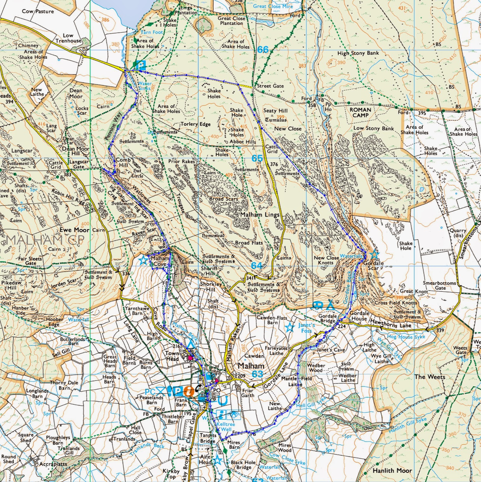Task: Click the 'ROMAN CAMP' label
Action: [360, 112]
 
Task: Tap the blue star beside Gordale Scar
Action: [374, 254]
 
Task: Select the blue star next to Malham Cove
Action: [143, 260]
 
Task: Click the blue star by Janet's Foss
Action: [290, 327]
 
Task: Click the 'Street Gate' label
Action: [270, 86]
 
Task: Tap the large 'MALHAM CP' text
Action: [45, 240]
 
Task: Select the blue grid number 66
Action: [263, 50]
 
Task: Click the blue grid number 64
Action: [257, 265]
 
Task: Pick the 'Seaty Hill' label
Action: [275, 111]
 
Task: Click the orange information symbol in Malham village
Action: [189, 391]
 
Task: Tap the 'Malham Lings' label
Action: [260, 214]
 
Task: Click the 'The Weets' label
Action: [430, 377]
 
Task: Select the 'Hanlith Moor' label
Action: [392, 470]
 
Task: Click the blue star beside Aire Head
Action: [218, 460]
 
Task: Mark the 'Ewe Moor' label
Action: [74, 230]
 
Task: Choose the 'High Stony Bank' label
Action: [358, 53]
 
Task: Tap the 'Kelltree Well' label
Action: [226, 426]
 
